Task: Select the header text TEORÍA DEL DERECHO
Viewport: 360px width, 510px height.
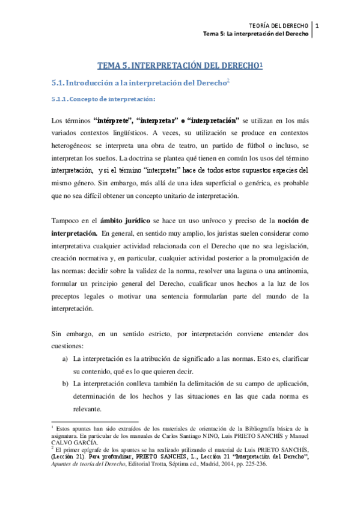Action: [281, 25]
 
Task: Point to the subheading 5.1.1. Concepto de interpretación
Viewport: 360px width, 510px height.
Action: [105, 99]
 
